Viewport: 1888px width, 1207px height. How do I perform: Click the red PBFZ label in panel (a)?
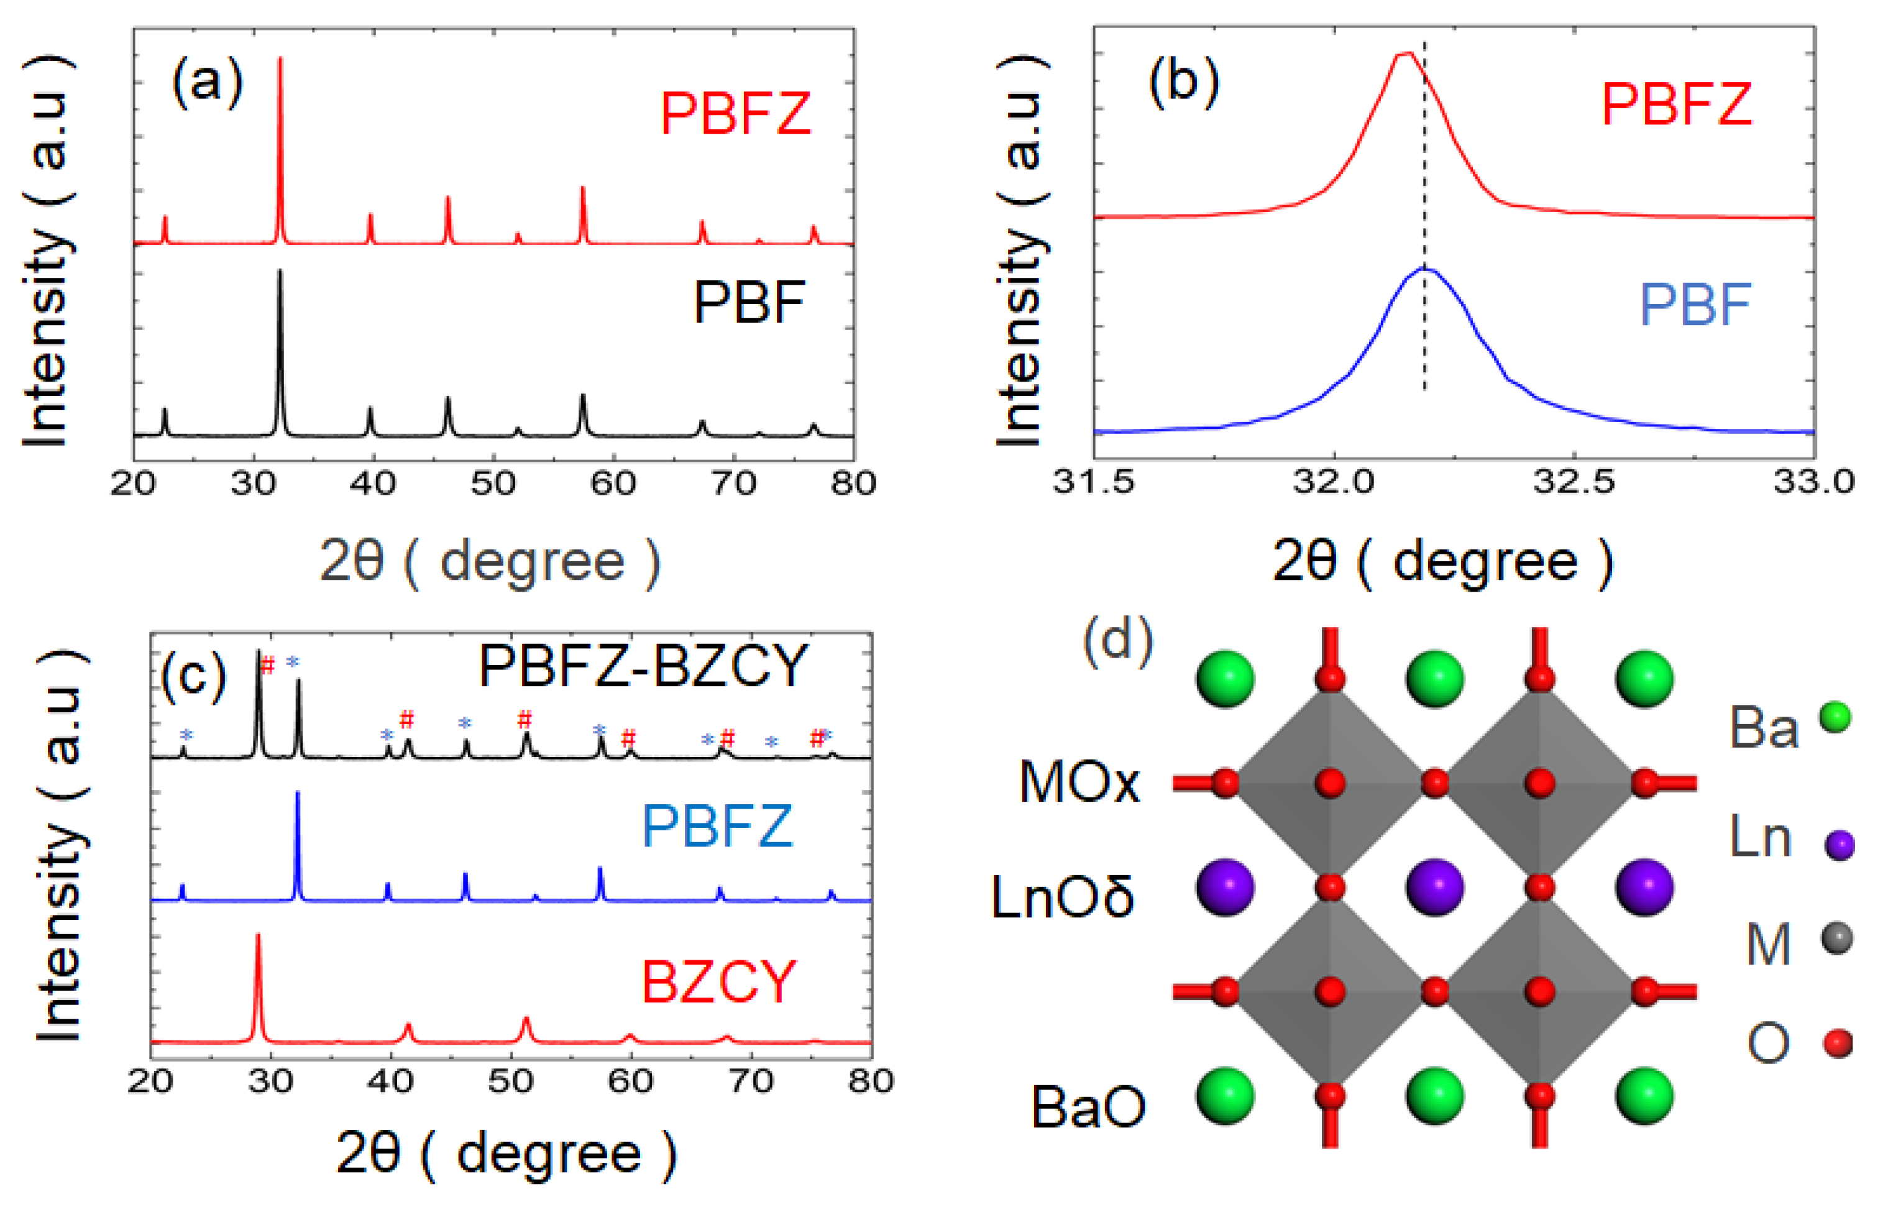click(x=735, y=114)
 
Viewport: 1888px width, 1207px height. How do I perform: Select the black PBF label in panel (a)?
click(x=749, y=303)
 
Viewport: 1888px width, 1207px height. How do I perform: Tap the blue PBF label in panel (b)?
click(x=1695, y=305)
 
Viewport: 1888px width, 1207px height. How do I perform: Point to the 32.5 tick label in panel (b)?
click(x=1574, y=482)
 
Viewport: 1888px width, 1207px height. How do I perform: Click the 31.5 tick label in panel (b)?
click(x=1093, y=482)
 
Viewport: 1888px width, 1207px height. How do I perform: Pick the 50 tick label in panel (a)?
click(x=493, y=483)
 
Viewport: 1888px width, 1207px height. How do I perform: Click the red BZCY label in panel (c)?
click(x=718, y=982)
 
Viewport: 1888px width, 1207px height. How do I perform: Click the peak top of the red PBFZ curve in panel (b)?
click(x=1405, y=53)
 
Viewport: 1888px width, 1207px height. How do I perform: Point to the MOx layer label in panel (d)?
click(x=1079, y=782)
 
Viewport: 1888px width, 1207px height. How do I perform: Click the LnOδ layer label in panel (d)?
click(x=1061, y=896)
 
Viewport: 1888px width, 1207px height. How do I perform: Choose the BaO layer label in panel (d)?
click(x=1088, y=1108)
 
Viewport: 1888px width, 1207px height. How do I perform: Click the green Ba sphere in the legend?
click(x=1835, y=717)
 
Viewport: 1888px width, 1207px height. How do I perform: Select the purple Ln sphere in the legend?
click(x=1839, y=845)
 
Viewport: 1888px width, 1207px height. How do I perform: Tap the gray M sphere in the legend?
click(x=1837, y=938)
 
